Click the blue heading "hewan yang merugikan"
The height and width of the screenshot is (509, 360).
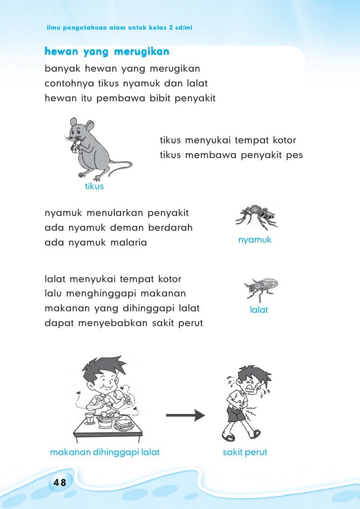[107, 51]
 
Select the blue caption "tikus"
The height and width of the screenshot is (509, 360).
[94, 187]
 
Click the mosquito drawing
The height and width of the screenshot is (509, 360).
[256, 216]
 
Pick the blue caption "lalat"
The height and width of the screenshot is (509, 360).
[259, 310]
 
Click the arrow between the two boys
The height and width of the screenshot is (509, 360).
[185, 415]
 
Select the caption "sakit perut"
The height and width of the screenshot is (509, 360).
[245, 452]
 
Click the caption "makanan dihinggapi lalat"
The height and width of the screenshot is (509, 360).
[105, 452]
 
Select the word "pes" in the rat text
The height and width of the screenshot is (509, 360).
[294, 156]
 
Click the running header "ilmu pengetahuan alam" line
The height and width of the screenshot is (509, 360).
[119, 26]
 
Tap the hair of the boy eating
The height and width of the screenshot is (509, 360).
[104, 366]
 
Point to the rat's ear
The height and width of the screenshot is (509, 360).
[74, 122]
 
